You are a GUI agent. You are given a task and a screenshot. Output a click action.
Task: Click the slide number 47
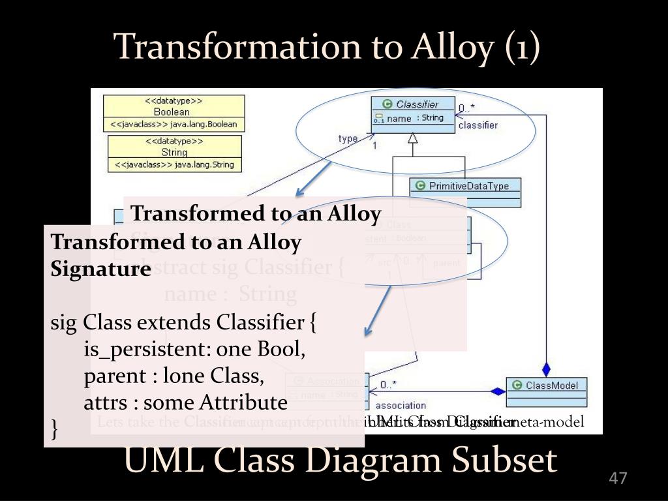click(617, 478)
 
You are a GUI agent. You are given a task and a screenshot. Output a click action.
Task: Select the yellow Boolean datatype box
click(174, 113)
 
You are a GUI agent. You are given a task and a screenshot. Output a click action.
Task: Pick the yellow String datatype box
click(174, 153)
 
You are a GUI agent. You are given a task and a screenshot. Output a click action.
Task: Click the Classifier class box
click(412, 112)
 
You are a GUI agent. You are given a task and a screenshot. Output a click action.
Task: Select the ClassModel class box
click(547, 389)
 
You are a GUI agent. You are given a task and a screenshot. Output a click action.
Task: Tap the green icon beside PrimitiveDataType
click(420, 186)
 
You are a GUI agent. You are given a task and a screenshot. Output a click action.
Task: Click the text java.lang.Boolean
click(202, 124)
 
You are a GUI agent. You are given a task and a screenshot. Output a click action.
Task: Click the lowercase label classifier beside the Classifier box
click(478, 125)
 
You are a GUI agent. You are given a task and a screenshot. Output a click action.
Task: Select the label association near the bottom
click(401, 406)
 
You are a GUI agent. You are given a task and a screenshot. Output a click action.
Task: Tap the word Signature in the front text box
click(101, 269)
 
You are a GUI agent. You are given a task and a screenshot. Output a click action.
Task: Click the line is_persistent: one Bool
click(194, 350)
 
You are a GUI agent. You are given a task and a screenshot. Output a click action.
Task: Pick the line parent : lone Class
click(174, 376)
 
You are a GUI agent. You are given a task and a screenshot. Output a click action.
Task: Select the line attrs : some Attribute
click(185, 402)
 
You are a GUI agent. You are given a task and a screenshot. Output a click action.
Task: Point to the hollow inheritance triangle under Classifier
click(412, 138)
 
